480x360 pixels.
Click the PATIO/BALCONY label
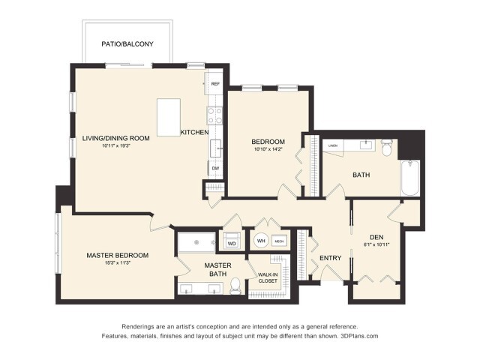tap(127, 44)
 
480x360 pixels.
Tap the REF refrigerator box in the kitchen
tap(215, 84)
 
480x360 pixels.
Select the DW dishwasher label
tap(214, 169)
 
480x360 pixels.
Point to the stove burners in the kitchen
tap(214, 115)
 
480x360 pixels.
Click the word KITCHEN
tap(194, 133)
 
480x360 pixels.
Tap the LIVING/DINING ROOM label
tap(115, 139)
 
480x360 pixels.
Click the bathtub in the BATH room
tap(410, 177)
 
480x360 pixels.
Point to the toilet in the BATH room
tap(387, 148)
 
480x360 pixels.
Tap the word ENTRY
tap(330, 258)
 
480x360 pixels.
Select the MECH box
tap(279, 241)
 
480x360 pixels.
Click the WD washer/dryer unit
tap(232, 243)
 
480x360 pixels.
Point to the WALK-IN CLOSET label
tap(268, 277)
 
